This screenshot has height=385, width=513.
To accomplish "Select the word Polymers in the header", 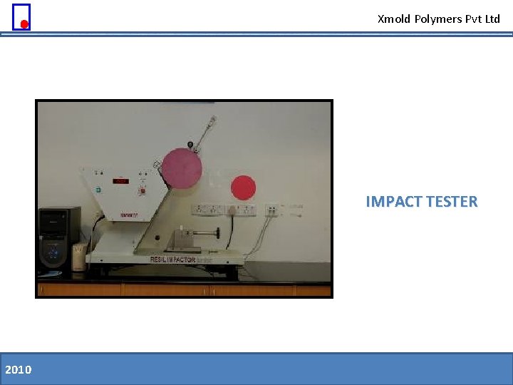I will (x=437, y=19).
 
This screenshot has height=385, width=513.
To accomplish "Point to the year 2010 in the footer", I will (x=18, y=369).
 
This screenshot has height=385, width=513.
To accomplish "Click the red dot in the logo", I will (x=24, y=24).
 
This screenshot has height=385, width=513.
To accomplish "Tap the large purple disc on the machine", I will (x=181, y=168).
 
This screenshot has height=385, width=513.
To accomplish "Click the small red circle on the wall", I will (x=243, y=188).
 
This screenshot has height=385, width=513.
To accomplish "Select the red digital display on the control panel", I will (x=121, y=181).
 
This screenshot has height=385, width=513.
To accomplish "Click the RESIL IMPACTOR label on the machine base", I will (x=173, y=260).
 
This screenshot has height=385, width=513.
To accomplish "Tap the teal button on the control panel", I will (x=98, y=190).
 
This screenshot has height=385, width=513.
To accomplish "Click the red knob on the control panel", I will (x=143, y=190).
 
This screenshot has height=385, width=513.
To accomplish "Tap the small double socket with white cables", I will (x=271, y=210).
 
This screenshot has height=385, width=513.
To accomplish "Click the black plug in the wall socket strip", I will (x=232, y=210).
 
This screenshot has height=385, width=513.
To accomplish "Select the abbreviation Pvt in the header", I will (x=474, y=19).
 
